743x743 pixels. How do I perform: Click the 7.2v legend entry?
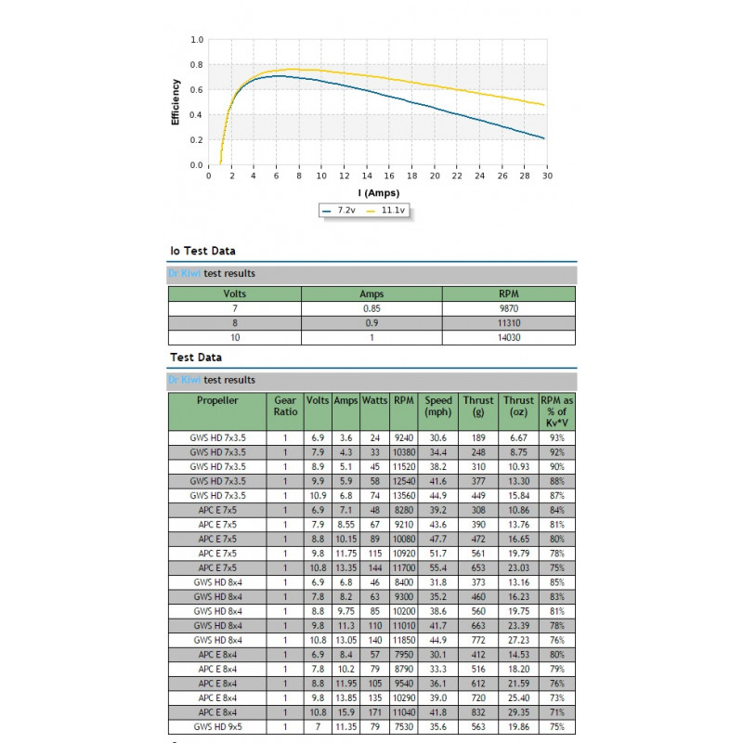340,211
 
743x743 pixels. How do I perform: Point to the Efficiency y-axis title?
176,102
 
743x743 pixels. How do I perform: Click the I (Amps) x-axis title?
377,192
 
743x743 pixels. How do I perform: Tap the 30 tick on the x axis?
547,176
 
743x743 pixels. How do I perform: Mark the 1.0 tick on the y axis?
197,40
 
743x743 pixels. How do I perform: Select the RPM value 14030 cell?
509,337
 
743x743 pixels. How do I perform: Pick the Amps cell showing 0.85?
371,307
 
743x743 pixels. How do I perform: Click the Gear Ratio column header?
286,406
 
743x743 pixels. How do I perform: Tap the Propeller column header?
217,400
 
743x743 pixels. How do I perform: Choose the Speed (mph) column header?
437,406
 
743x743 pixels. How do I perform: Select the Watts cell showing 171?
375,712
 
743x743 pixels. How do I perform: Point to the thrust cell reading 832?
479,712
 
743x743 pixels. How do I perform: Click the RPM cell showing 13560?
403,496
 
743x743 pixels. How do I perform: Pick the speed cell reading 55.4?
437,567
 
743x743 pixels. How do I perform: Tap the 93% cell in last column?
556,437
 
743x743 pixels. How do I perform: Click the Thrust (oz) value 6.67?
519,437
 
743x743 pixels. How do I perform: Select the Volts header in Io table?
234,293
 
